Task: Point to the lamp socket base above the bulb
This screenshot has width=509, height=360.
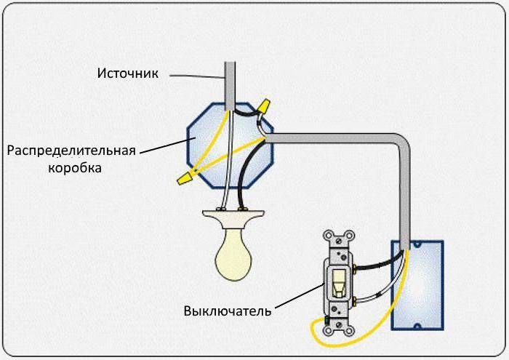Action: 233,217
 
